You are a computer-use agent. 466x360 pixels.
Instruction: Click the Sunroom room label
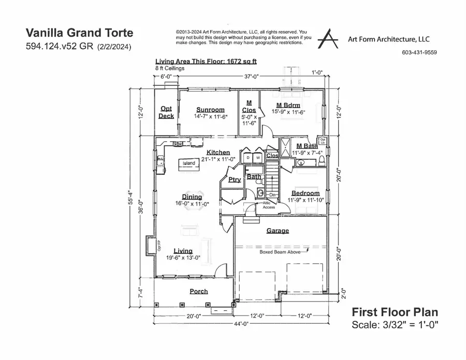[x=210, y=110]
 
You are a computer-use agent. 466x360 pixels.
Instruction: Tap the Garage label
[x=278, y=231]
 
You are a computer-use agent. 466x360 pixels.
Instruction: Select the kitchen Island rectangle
[x=188, y=164]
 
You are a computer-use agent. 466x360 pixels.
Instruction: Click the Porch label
[x=198, y=291]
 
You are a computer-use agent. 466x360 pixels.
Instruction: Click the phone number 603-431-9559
[x=419, y=52]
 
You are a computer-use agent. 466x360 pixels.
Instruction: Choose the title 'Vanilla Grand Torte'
[x=79, y=33]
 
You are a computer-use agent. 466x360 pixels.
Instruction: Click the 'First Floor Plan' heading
[x=395, y=312]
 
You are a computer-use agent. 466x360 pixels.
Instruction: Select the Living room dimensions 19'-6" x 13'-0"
[x=186, y=258]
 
